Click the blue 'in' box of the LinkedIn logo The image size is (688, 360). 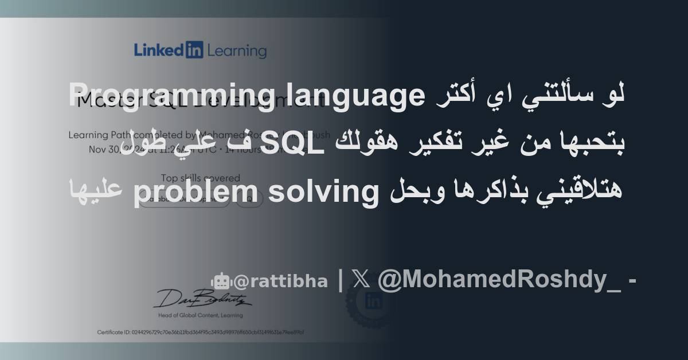click(194, 50)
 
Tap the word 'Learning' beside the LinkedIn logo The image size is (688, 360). click(237, 51)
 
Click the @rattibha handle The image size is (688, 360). click(280, 281)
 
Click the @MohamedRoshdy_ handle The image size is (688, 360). click(499, 280)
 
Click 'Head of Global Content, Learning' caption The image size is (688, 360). click(201, 315)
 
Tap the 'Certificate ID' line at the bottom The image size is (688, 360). click(201, 332)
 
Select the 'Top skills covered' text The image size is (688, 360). click(201, 178)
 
